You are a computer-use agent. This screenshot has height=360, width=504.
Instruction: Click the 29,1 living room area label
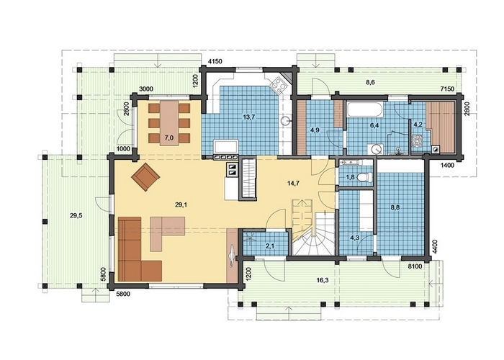coord(181,204)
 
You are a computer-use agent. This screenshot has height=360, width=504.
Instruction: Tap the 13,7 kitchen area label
coord(249,117)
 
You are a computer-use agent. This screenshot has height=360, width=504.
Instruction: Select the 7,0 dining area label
coord(169,138)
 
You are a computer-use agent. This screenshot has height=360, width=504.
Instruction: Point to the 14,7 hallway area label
coord(294,183)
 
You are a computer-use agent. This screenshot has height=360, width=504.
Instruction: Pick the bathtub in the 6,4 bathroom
coord(365,109)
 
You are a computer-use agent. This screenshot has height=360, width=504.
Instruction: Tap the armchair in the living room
coord(145,177)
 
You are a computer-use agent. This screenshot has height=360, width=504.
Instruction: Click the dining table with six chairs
coord(169,123)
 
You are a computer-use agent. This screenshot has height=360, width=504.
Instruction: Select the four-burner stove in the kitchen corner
coord(278,85)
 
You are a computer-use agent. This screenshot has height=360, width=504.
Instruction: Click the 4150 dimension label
coord(215,61)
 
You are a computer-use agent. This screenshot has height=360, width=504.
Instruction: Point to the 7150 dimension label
coord(447,89)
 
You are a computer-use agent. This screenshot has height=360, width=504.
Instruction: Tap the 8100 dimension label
coord(415,266)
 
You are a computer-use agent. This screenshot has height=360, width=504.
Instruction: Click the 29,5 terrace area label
coord(76,216)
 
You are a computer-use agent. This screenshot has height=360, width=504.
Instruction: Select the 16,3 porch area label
coord(323,280)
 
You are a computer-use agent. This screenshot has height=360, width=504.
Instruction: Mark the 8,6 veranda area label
coord(370,82)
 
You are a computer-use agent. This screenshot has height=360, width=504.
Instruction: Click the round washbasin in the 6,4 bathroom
coord(375,149)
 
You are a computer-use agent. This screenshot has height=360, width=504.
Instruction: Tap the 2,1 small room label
coord(270,246)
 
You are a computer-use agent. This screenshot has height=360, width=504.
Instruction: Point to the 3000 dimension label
coord(145,89)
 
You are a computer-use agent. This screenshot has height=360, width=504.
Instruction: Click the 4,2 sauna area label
coord(418,124)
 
